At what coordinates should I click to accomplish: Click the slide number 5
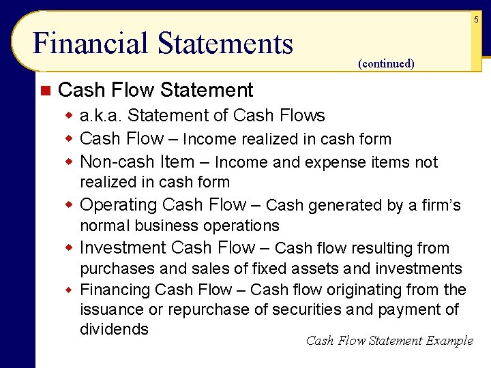(477, 20)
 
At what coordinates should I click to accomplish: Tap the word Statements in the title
(226, 44)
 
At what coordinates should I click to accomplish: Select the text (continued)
(385, 63)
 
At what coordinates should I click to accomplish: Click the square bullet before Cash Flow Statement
(45, 90)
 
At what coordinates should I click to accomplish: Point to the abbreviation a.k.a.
(102, 116)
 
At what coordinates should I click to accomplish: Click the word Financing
(115, 290)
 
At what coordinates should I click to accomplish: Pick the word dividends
(114, 329)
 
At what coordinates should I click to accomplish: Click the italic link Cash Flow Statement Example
(389, 341)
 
